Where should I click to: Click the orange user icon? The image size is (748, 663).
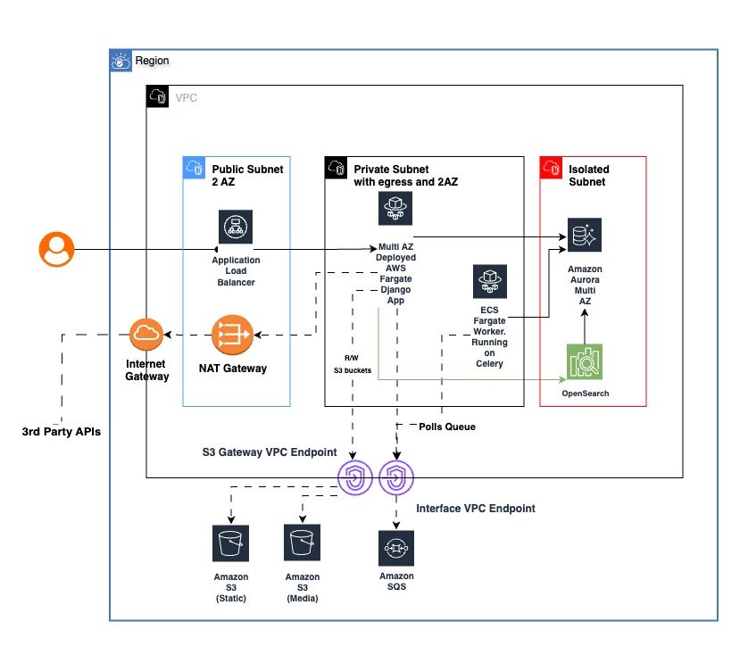pos(56,249)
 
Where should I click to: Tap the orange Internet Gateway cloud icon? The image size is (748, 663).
pos(146,336)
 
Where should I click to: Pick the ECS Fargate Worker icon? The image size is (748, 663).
pos(489,281)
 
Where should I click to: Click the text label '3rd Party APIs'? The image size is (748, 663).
pos(60,432)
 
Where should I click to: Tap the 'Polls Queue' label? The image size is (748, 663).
pos(447,427)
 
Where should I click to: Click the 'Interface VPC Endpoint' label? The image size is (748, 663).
pos(476,508)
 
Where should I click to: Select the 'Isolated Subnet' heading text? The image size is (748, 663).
pos(588,174)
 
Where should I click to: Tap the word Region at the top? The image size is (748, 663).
pos(152,61)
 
